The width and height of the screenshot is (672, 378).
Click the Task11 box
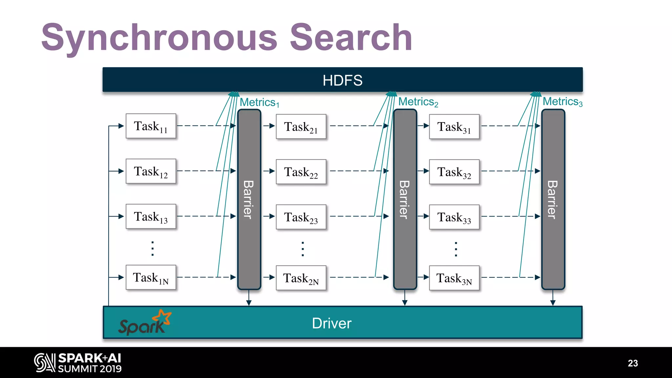point(151,126)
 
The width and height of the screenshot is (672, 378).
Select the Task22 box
point(301,172)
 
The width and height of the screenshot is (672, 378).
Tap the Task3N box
point(454,278)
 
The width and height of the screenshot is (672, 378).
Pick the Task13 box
point(151,217)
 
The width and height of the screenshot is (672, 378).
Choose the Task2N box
point(301,278)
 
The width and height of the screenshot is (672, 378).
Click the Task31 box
point(454,127)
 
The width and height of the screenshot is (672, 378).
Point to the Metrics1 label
point(259,102)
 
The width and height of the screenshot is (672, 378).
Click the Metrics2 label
point(418,102)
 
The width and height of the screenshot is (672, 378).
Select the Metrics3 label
point(562,102)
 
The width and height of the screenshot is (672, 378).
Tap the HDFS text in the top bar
point(342,80)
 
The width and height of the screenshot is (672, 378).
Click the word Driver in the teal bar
point(331,323)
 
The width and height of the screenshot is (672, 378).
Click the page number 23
point(633,363)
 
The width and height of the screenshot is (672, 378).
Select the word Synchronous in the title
point(159,38)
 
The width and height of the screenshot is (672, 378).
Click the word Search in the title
point(351,38)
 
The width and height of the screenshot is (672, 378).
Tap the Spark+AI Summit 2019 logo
point(78,363)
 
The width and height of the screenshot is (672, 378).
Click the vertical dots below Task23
point(303,249)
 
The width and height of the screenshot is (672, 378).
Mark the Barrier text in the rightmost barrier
point(553,199)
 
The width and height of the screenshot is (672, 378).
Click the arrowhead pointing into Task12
point(121,171)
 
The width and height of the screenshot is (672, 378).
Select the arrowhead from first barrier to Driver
point(249,303)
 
